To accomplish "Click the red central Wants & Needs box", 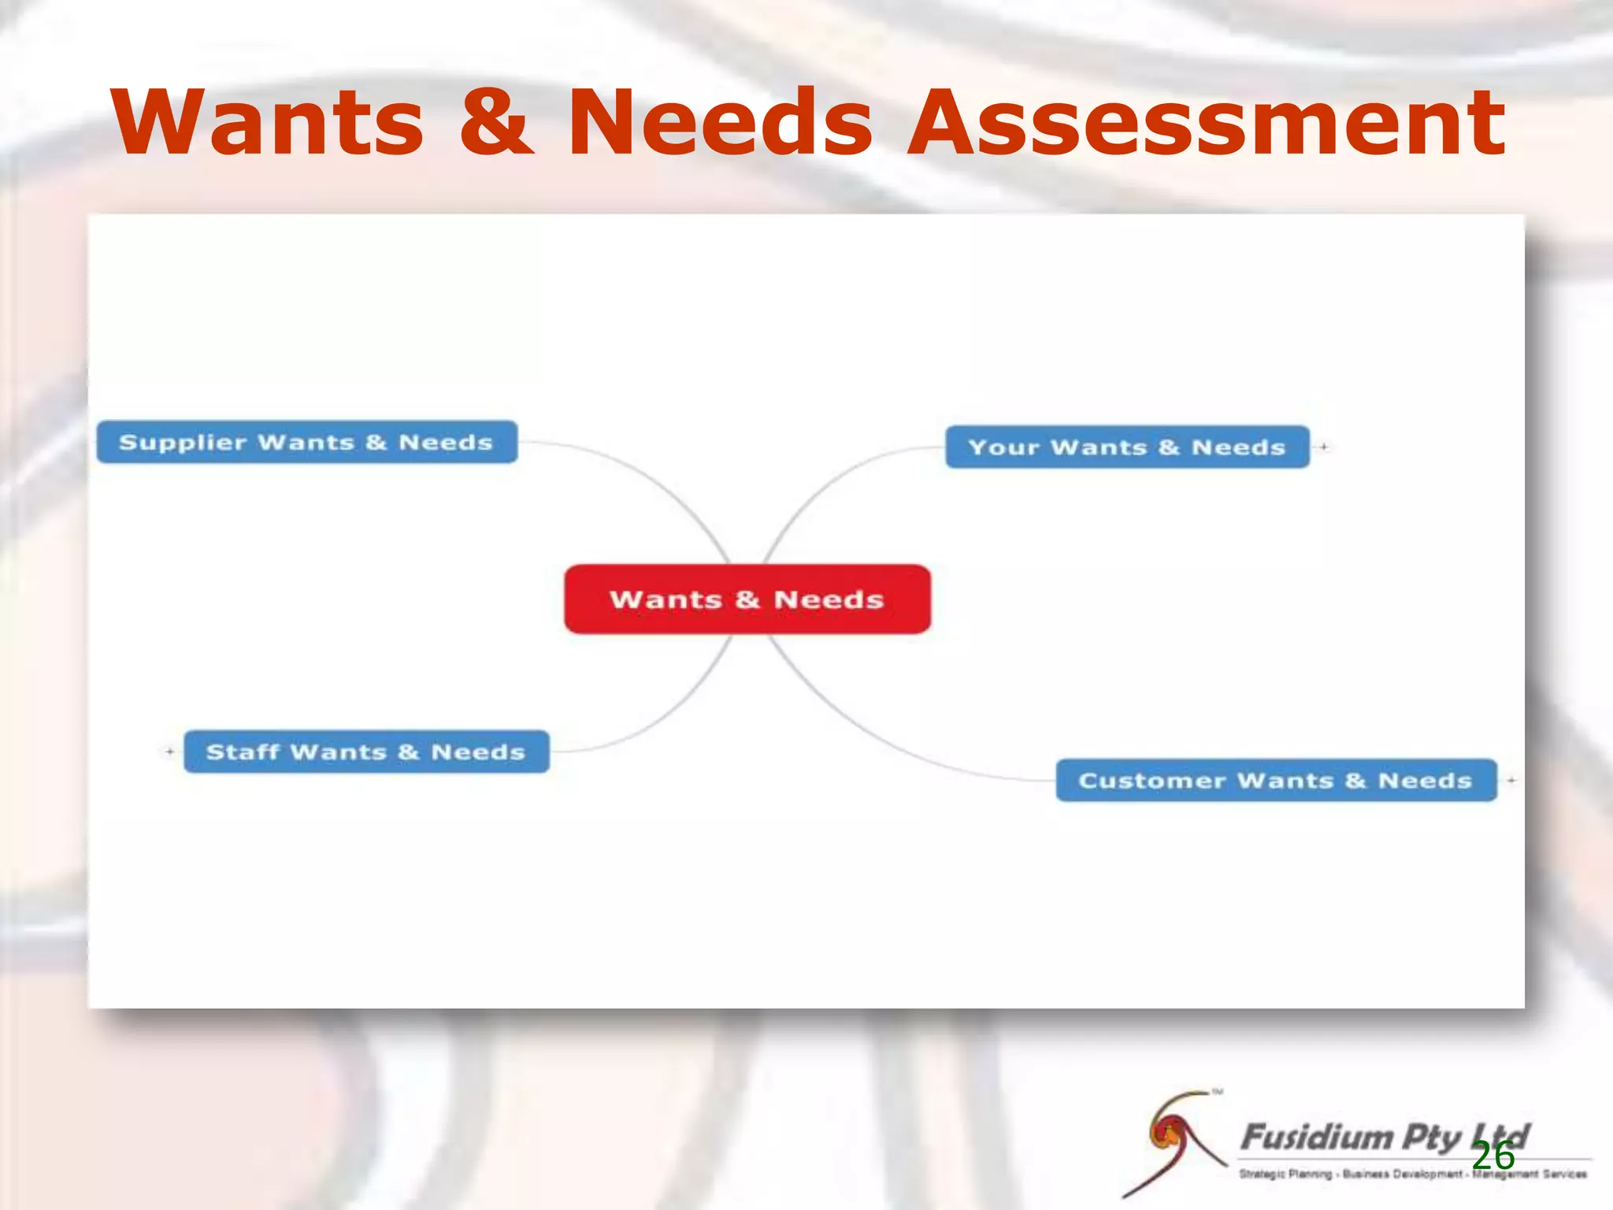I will tap(747, 599).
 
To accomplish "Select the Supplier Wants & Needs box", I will tap(306, 443).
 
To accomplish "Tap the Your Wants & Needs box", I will tap(1126, 447).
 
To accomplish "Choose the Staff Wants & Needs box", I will tap(365, 752).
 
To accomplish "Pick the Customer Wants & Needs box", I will tap(1275, 781).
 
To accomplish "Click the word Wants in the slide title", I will tap(268, 123).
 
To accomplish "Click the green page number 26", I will tap(1493, 1156).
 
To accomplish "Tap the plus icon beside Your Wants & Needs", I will tap(1324, 447).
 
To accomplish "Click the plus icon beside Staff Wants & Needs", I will tap(169, 752).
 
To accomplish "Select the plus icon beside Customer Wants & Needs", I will tap(1511, 780).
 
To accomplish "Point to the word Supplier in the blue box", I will tap(182, 443).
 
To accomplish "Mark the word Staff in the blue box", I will tap(242, 752).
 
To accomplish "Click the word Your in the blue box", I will tap(1003, 447).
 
